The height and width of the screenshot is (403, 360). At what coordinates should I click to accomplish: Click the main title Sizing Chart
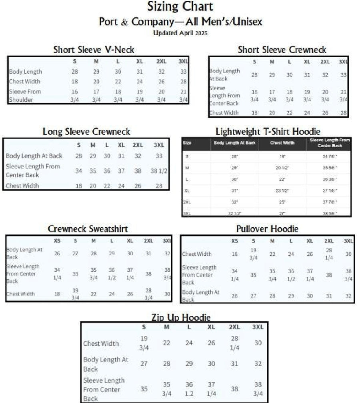click(x=180, y=7)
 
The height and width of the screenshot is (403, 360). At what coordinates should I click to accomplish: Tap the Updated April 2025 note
click(x=180, y=33)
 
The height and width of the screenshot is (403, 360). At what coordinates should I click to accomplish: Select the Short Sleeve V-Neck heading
click(x=94, y=50)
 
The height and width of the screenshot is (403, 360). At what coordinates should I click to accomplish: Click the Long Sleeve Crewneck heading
click(x=86, y=131)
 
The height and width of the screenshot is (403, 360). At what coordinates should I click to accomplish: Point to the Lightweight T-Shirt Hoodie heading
click(x=268, y=131)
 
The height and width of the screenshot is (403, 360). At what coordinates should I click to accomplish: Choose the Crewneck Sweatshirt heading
click(x=88, y=229)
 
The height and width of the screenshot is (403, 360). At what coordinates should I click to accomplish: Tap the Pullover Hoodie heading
click(x=267, y=229)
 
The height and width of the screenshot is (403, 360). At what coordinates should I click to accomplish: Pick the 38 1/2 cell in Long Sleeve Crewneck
click(x=159, y=170)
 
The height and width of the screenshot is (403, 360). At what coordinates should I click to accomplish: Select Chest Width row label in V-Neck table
click(x=24, y=82)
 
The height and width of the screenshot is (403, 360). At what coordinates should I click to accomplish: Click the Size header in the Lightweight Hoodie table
click(x=187, y=143)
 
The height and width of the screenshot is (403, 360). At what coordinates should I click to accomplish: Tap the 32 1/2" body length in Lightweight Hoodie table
click(x=235, y=213)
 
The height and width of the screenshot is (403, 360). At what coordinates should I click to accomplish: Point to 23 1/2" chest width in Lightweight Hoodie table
click(x=282, y=190)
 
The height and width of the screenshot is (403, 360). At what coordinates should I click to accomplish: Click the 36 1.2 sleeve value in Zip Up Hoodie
click(x=189, y=389)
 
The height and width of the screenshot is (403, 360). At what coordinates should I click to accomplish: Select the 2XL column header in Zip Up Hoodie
click(x=235, y=327)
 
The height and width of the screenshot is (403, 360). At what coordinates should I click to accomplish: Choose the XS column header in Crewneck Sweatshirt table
click(x=57, y=241)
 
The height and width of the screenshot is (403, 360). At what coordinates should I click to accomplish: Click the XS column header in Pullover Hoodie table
click(x=235, y=241)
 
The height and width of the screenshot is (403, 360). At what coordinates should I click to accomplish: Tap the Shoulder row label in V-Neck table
click(x=21, y=100)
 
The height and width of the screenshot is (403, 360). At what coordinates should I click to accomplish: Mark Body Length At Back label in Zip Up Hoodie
click(x=106, y=364)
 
